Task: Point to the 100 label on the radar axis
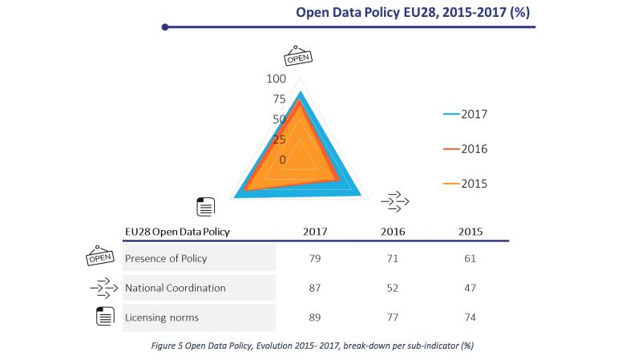click(x=276, y=79)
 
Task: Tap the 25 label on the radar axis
click(x=279, y=140)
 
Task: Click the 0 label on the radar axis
click(x=282, y=160)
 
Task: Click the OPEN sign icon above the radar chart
click(x=298, y=56)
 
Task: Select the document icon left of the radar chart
click(x=205, y=206)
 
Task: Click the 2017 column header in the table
click(x=314, y=232)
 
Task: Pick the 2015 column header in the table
click(x=470, y=232)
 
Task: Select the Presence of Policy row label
click(x=166, y=258)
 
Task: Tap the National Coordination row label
click(x=175, y=288)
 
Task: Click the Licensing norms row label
click(x=162, y=318)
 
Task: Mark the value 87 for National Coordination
click(x=314, y=288)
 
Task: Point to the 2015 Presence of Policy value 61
click(x=470, y=258)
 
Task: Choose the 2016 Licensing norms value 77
click(x=393, y=318)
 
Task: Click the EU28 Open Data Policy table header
click(x=177, y=232)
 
